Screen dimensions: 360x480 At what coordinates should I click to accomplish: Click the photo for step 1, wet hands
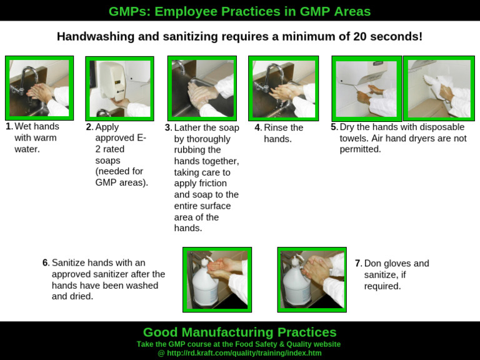39,87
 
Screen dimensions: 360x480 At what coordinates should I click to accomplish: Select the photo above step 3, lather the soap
202,87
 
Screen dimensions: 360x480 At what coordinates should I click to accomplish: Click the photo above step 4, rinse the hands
283,88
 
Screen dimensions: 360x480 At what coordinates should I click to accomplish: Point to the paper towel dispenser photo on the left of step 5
367,88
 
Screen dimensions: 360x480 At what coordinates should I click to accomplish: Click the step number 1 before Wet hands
9,127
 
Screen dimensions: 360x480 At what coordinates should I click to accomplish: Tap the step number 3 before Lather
167,127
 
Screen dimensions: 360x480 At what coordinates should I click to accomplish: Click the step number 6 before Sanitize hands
46,263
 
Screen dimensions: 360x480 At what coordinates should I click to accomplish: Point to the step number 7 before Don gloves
357,264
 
